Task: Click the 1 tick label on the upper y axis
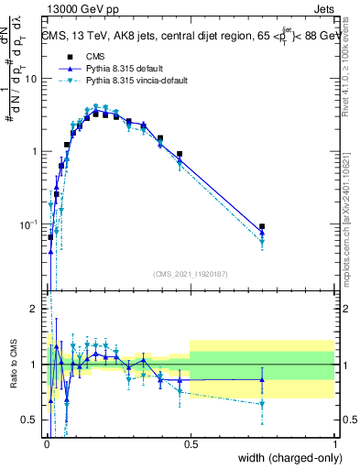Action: (x=35, y=151)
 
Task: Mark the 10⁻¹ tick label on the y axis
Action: (x=29, y=224)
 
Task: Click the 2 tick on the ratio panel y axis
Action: (x=34, y=310)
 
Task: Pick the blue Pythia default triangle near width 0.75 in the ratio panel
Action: (x=263, y=379)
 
